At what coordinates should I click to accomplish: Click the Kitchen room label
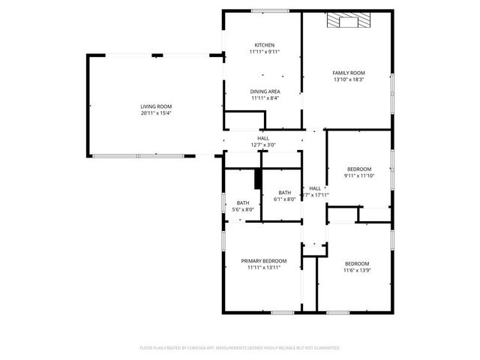263,45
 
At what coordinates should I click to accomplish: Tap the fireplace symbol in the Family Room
348,22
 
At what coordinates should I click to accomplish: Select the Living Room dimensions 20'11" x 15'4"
156,113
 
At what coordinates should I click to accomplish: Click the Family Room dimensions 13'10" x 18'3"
348,79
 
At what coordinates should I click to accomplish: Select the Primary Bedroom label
263,260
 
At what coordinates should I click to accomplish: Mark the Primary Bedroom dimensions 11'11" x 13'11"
263,266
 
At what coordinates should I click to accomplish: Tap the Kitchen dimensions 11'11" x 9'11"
263,52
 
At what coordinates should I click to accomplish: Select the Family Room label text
348,73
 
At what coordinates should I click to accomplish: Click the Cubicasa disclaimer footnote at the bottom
240,348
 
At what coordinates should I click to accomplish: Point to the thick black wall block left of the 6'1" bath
257,179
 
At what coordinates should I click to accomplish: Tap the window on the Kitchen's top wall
265,10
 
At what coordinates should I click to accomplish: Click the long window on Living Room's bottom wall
139,155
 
